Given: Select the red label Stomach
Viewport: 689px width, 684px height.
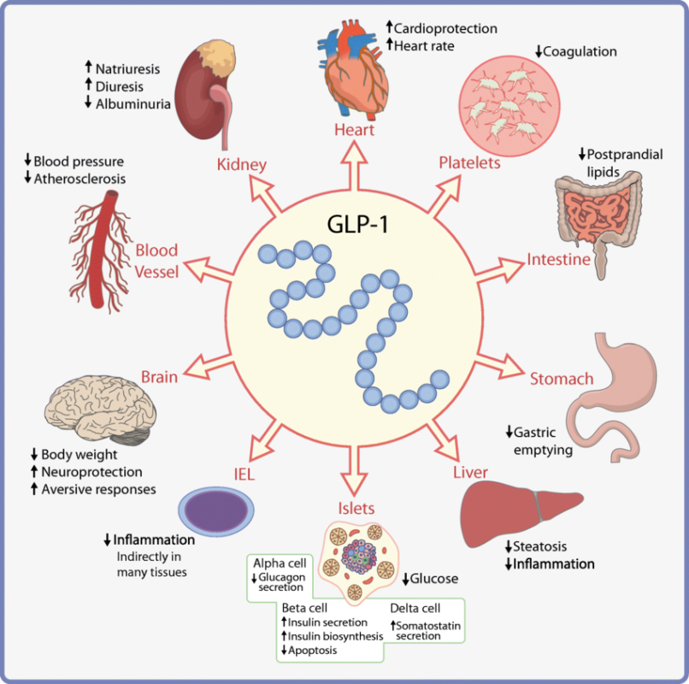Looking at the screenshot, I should pos(562,379).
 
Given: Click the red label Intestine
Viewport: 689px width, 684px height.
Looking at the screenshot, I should pos(558,258).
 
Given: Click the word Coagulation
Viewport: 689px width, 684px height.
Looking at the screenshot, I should pos(580,51).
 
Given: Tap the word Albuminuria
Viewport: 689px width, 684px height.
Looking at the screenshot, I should pos(133,104).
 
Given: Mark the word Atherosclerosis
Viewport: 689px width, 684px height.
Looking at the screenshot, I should pos(79,179).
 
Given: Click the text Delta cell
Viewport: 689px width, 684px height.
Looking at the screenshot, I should pos(415,609).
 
